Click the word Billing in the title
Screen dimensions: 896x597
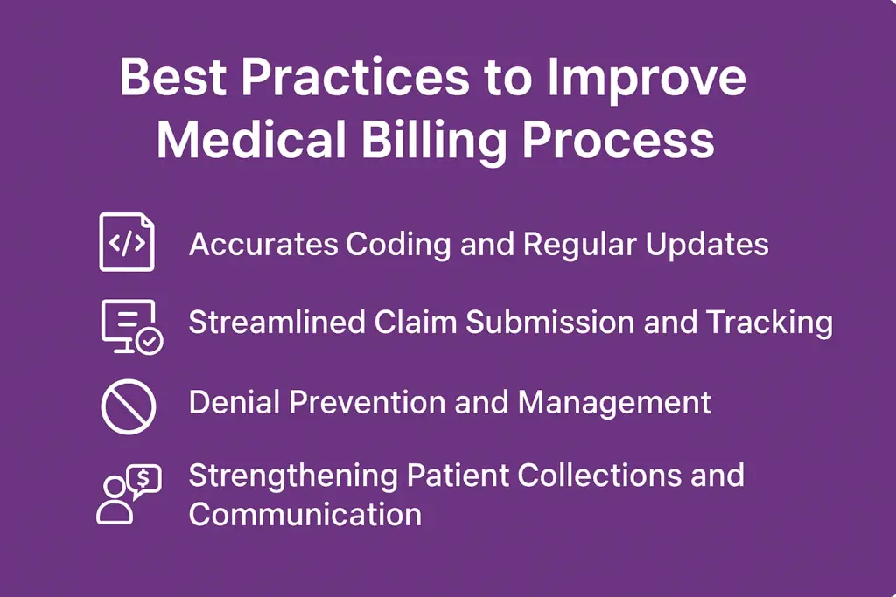pyautogui.click(x=434, y=142)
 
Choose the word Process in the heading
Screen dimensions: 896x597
pyautogui.click(x=619, y=140)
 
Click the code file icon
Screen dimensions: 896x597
pyautogui.click(x=127, y=242)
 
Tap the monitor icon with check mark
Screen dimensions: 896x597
pyautogui.click(x=132, y=326)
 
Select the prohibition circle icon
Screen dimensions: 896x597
pyautogui.click(x=129, y=407)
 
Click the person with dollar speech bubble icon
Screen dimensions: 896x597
pyautogui.click(x=129, y=494)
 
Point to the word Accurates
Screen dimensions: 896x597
pyautogui.click(x=263, y=244)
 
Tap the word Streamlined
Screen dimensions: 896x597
pyautogui.click(x=277, y=322)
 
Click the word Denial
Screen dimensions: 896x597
pyautogui.click(x=234, y=402)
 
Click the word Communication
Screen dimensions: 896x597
pyautogui.click(x=305, y=514)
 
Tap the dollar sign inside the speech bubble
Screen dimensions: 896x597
pyautogui.click(x=143, y=478)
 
